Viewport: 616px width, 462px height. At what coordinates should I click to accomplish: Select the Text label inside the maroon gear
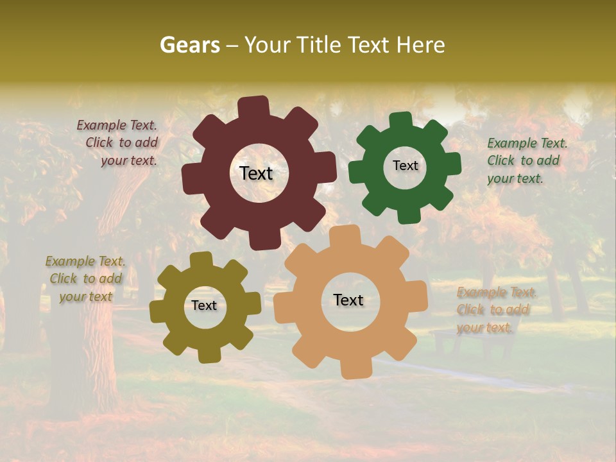[x=256, y=173]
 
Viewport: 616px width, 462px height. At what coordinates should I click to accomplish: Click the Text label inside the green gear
[x=405, y=166]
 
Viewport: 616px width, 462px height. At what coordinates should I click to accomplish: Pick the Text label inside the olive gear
[x=204, y=306]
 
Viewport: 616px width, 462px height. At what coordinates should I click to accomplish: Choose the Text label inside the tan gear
[x=348, y=300]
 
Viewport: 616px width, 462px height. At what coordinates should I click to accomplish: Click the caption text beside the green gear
[x=527, y=160]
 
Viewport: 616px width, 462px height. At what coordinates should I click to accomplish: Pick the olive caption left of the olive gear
[x=85, y=278]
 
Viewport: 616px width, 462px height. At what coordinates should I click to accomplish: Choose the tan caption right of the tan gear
[x=495, y=310]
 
